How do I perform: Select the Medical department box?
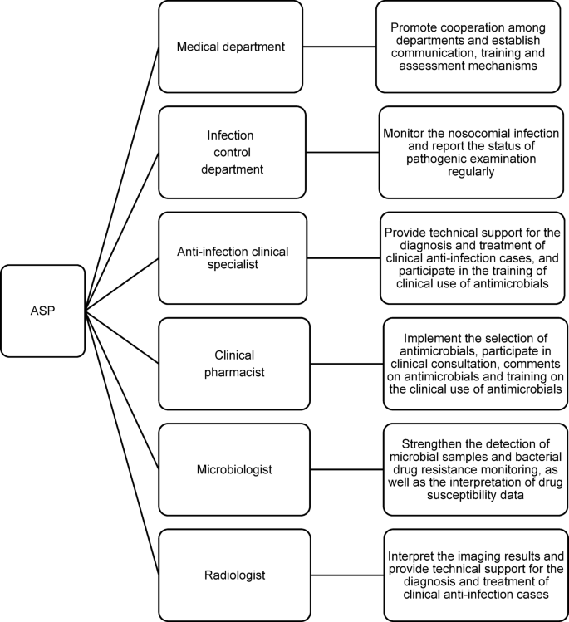click(x=230, y=47)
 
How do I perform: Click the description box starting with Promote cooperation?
click(x=470, y=47)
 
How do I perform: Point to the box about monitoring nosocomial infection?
click(x=470, y=152)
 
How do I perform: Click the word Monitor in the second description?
click(x=409, y=133)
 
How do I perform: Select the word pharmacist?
click(x=236, y=372)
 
